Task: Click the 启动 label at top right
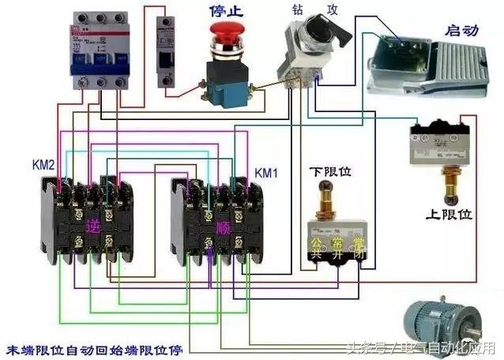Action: pyautogui.click(x=463, y=31)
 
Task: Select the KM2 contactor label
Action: pyautogui.click(x=43, y=165)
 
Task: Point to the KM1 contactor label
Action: pyautogui.click(x=266, y=172)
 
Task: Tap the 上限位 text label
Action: pyautogui.click(x=450, y=215)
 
